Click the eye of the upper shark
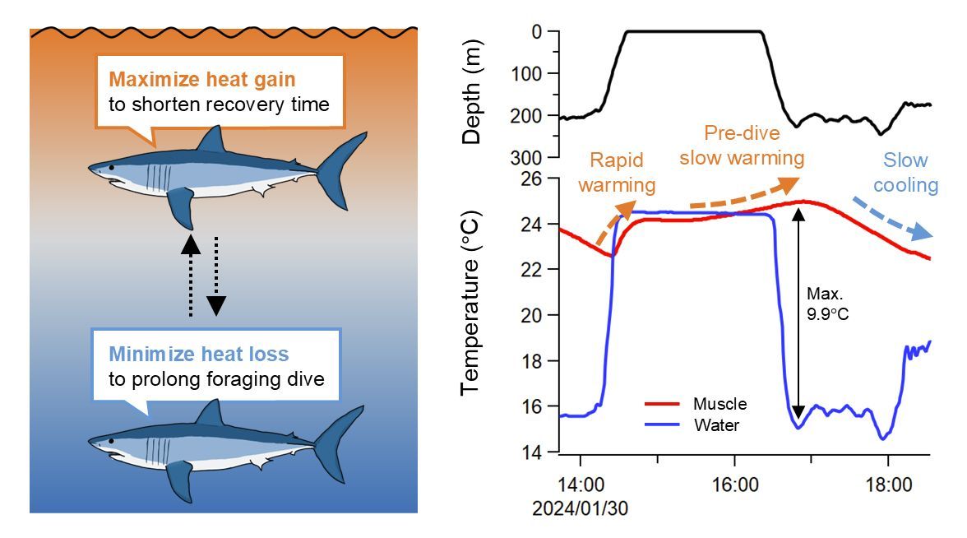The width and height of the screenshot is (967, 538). coord(112,168)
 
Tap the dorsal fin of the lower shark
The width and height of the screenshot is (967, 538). coord(216,414)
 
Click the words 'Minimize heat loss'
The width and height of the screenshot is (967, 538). coord(199,355)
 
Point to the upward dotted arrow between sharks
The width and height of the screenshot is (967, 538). coord(190,276)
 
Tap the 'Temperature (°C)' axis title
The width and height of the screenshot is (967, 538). coord(471,313)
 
